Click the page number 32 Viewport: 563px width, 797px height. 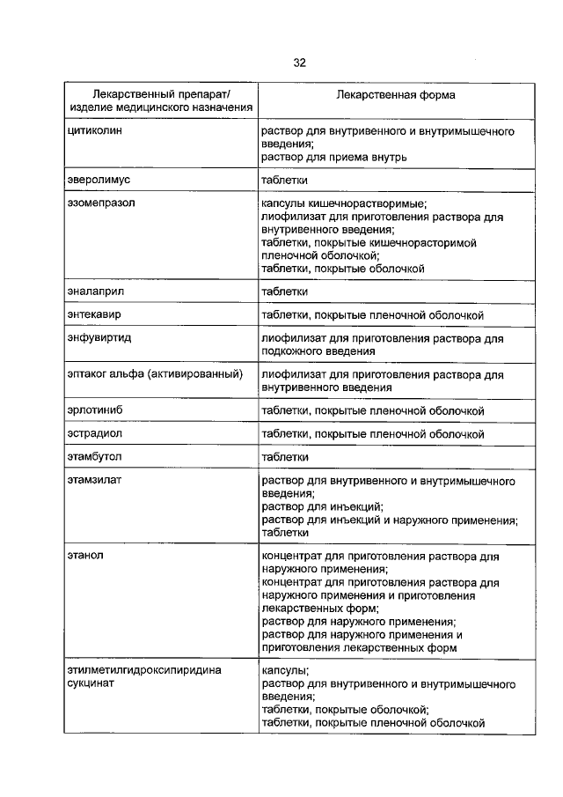click(x=299, y=63)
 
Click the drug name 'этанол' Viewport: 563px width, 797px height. click(x=85, y=557)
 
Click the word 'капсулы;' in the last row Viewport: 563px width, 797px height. click(x=284, y=671)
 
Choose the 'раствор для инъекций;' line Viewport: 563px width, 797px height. click(x=322, y=507)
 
